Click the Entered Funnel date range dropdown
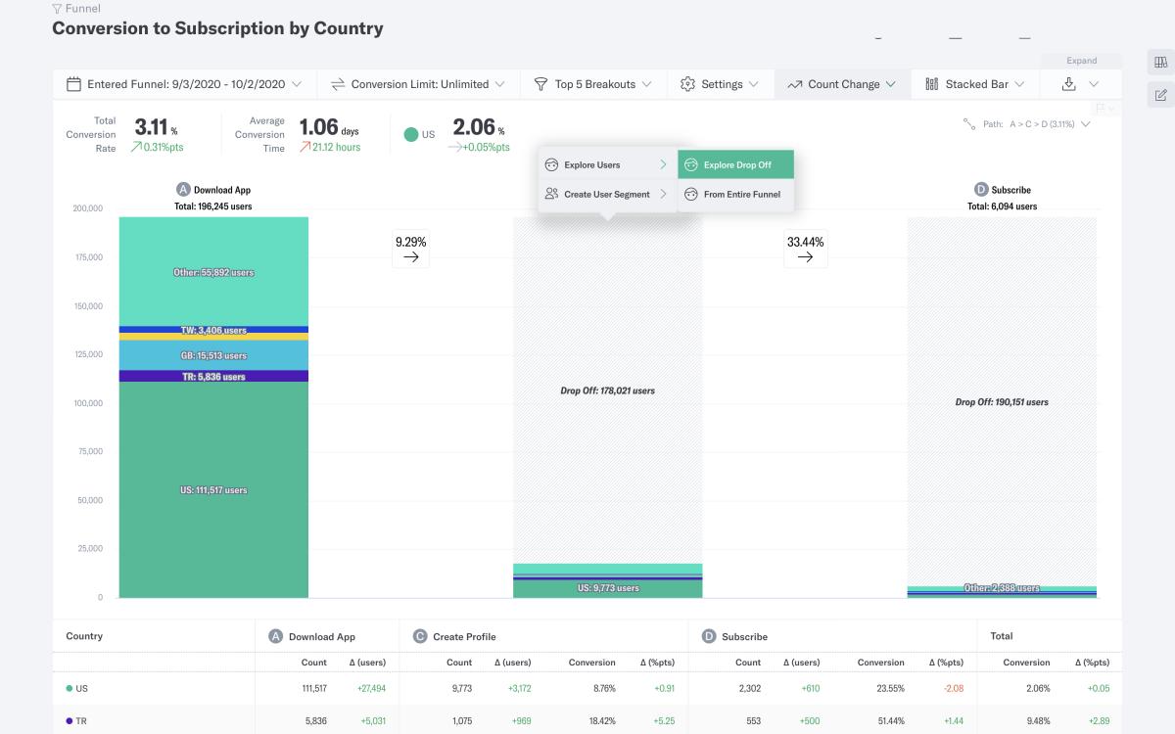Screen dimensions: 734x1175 coord(184,84)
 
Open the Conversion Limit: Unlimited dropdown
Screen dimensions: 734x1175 coord(418,84)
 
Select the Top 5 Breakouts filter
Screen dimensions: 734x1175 coord(592,84)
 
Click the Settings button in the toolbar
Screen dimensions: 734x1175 coord(720,84)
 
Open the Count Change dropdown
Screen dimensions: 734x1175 coord(842,84)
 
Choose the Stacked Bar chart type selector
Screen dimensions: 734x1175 coord(975,84)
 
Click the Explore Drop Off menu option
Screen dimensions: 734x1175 coord(736,164)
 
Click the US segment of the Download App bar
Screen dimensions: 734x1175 coord(213,489)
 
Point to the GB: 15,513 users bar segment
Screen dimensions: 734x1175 coord(213,355)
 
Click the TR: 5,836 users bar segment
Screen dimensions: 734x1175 coord(213,377)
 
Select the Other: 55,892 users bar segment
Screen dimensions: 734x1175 coord(213,272)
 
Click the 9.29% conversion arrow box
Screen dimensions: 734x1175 coord(411,249)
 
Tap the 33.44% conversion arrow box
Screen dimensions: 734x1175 coord(805,249)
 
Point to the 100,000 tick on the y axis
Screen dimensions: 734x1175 coord(88,403)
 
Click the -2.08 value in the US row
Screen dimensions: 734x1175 coord(953,688)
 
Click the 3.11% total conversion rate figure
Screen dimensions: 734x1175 coord(155,127)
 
